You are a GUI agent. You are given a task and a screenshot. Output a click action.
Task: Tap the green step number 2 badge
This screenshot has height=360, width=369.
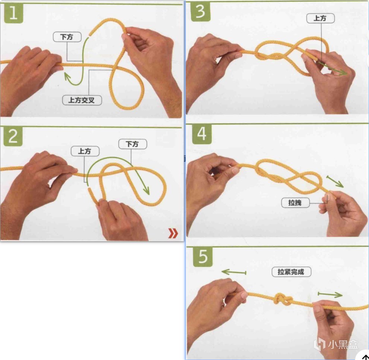[13, 137]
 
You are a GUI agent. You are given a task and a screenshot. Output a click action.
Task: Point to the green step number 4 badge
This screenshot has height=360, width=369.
[202, 134]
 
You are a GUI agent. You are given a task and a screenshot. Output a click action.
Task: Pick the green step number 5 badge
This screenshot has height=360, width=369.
[203, 257]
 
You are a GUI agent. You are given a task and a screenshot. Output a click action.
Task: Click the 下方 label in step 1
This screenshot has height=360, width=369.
[67, 37]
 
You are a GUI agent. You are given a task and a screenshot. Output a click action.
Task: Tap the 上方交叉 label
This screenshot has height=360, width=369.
[82, 100]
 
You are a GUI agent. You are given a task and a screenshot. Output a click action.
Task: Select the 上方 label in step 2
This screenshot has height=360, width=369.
[85, 151]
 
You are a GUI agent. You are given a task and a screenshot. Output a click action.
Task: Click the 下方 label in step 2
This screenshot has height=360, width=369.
[133, 144]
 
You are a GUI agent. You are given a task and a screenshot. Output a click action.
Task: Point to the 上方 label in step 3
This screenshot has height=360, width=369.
[321, 18]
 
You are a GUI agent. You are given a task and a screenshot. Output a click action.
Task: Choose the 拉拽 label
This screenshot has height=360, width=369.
[295, 203]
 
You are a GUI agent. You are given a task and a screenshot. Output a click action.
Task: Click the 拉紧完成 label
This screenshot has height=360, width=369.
[291, 272]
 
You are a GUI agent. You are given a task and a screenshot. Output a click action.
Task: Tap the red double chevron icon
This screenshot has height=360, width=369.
[173, 233]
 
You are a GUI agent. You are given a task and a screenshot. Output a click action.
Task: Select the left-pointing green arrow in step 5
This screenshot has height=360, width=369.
[234, 272]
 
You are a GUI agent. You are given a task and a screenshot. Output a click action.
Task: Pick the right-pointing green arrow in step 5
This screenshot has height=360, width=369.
[330, 294]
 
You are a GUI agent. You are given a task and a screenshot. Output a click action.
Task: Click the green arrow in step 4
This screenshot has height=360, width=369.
[335, 181]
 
